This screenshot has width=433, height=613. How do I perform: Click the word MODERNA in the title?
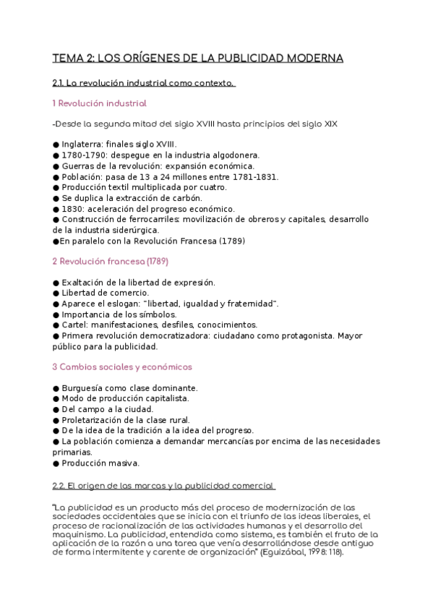(312, 58)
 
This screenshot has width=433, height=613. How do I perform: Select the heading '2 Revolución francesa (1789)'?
(111, 260)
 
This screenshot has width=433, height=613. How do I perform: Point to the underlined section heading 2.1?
(144, 83)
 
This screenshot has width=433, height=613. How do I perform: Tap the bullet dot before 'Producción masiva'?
(56, 463)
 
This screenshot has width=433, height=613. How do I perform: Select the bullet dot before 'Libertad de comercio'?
(56, 293)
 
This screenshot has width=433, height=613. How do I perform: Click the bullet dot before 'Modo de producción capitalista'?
(56, 398)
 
